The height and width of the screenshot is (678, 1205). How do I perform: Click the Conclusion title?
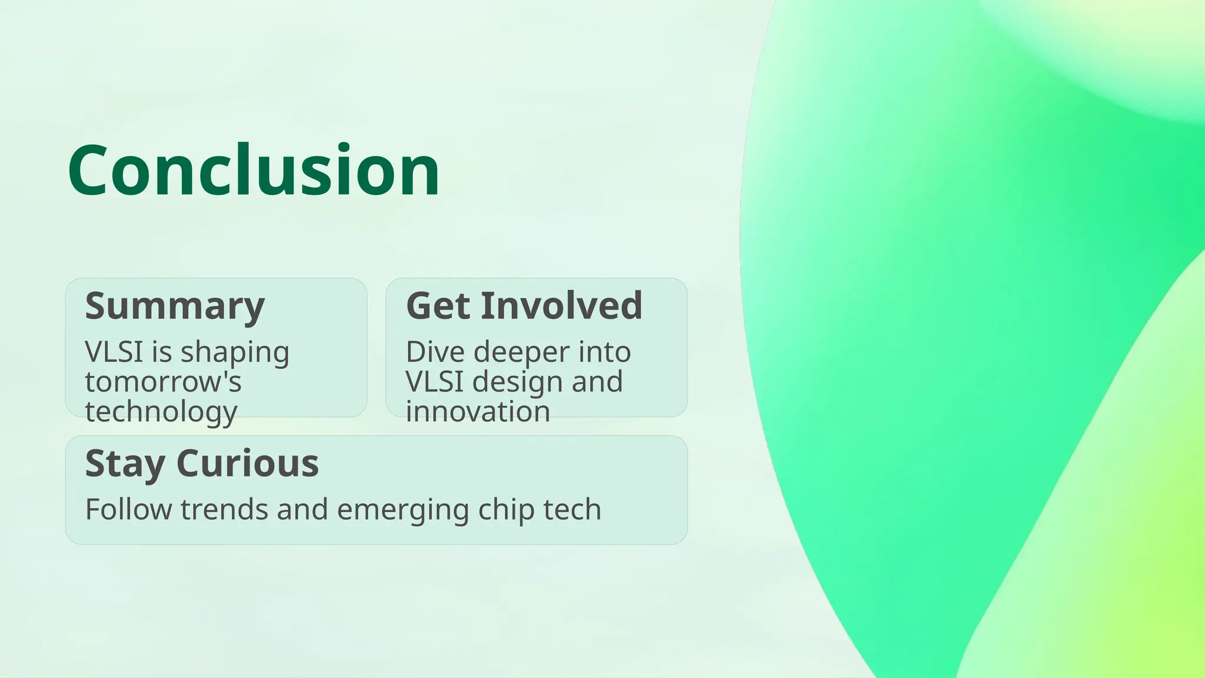point(254,171)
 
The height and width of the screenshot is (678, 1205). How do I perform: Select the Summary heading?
point(175,306)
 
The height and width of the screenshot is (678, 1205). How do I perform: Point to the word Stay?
point(125,464)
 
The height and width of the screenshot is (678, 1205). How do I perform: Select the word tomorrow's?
point(163,381)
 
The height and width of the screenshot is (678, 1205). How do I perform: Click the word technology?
point(161,411)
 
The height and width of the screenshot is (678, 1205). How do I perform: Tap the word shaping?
point(235,353)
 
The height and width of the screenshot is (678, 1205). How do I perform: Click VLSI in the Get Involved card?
point(434,381)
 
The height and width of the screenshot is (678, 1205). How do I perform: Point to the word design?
point(517,383)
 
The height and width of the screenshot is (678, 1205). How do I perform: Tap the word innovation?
point(478,411)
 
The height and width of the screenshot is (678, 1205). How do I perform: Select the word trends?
point(224,509)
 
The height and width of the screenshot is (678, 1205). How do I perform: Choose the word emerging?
point(402,510)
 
